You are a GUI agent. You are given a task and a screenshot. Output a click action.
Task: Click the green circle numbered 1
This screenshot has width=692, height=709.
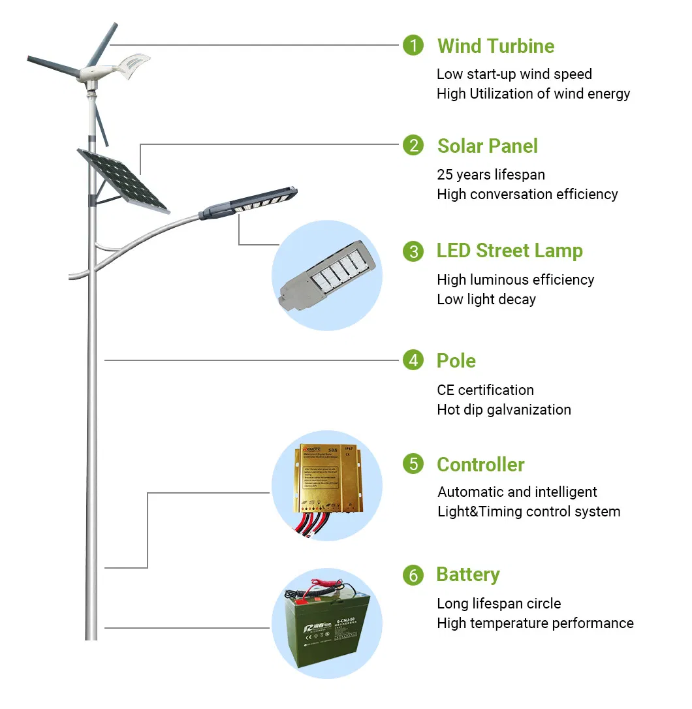(x=413, y=46)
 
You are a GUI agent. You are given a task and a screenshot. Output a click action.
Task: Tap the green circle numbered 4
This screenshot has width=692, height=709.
(x=413, y=360)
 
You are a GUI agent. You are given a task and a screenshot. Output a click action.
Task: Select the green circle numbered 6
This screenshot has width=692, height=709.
(x=413, y=575)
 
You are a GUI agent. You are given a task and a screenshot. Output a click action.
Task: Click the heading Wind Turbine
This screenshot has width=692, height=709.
(x=495, y=46)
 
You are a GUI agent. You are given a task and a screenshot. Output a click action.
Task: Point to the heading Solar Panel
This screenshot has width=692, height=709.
(x=487, y=146)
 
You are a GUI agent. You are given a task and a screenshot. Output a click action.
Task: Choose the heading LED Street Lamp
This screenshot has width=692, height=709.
(x=509, y=251)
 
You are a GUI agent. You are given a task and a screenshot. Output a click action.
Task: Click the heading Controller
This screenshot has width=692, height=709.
(x=480, y=465)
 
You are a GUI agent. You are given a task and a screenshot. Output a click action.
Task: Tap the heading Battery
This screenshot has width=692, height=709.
(x=467, y=575)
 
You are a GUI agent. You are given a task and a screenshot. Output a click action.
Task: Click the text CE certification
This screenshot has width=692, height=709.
(x=485, y=390)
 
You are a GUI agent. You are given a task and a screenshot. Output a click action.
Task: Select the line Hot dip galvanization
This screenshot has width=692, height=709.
(x=503, y=409)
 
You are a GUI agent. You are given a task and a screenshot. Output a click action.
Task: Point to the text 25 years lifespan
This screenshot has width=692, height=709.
(x=490, y=174)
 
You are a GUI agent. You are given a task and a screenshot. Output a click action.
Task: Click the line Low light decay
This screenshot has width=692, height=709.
(x=486, y=299)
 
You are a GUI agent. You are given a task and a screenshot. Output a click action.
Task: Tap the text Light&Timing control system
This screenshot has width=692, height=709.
(x=529, y=511)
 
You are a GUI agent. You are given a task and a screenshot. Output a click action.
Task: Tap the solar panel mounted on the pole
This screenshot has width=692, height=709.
(x=123, y=180)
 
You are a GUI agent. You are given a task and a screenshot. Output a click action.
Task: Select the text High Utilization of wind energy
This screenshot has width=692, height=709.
(x=533, y=93)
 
